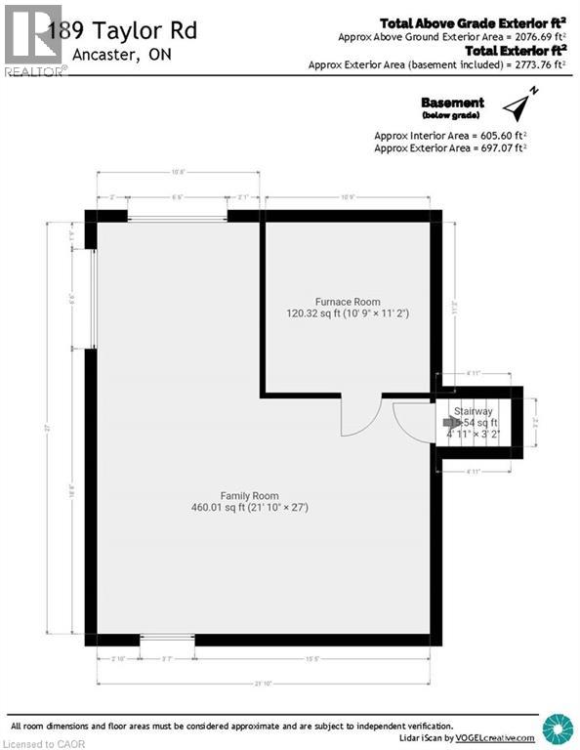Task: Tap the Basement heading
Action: tap(452, 103)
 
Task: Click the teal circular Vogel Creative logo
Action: tap(558, 729)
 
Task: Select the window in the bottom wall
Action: tap(167, 639)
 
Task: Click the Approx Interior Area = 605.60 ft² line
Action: tap(450, 135)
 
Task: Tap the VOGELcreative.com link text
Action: tap(497, 738)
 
